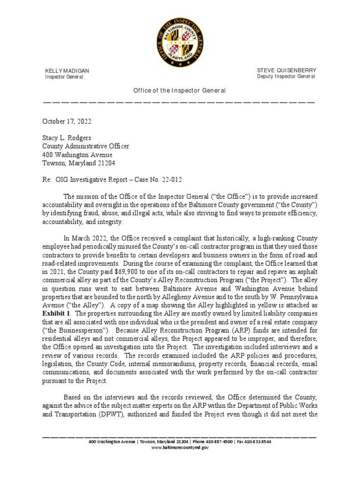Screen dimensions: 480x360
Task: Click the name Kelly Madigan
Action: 67,71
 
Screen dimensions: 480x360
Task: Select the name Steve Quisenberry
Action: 286,70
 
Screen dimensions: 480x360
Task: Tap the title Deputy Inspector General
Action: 286,76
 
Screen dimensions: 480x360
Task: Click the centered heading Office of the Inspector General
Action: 180,90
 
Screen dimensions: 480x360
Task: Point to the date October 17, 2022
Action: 67,121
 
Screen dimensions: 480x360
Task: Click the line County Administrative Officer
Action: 86,146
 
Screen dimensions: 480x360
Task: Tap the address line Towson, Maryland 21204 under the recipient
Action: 79,163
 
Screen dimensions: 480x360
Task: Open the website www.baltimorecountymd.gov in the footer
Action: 180,448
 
